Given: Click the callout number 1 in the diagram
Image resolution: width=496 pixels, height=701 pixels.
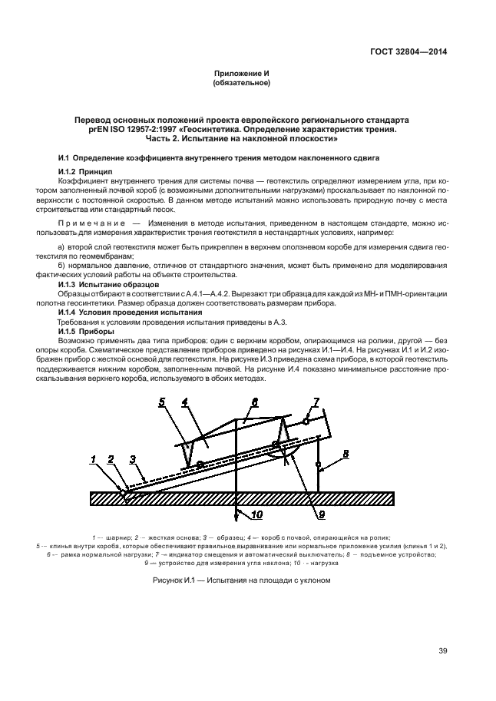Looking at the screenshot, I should pos(93,459).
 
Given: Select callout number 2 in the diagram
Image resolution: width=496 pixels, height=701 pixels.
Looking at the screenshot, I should pos(111,459).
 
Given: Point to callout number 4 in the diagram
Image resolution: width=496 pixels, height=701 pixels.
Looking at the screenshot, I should pos(185,402).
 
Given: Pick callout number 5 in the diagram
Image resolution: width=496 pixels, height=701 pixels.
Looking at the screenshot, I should pos(162,402).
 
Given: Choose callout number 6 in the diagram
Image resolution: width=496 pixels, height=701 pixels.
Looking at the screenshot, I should pos(255,402).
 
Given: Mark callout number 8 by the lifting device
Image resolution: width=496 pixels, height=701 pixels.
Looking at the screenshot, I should pos(345,454).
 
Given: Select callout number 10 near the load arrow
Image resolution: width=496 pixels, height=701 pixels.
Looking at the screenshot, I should pos(256,514).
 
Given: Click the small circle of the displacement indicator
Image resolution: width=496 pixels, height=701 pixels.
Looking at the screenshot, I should pos(306,421).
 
